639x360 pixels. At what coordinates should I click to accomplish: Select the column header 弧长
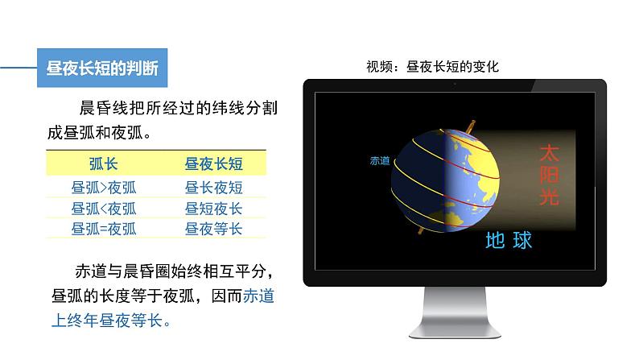pyautogui.click(x=103, y=164)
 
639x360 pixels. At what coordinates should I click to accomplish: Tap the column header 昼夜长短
pyautogui.click(x=213, y=164)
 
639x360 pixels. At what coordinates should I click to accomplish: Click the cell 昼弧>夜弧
pyautogui.click(x=103, y=188)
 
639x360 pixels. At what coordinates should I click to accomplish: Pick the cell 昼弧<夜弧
pyautogui.click(x=103, y=209)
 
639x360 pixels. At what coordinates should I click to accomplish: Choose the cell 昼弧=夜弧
pyautogui.click(x=103, y=229)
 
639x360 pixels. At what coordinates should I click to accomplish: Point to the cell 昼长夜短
pyautogui.click(x=213, y=188)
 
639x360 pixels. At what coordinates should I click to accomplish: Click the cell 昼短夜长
pyautogui.click(x=213, y=209)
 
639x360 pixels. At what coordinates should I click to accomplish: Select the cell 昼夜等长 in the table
pyautogui.click(x=213, y=229)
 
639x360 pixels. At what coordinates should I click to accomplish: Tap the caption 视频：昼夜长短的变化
pyautogui.click(x=432, y=66)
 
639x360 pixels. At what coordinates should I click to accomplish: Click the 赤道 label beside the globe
pyautogui.click(x=379, y=161)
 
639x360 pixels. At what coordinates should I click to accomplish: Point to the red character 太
pyautogui.click(x=548, y=152)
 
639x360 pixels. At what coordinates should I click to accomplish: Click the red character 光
pyautogui.click(x=548, y=197)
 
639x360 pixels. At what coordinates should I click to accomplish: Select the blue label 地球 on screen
pyautogui.click(x=509, y=240)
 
